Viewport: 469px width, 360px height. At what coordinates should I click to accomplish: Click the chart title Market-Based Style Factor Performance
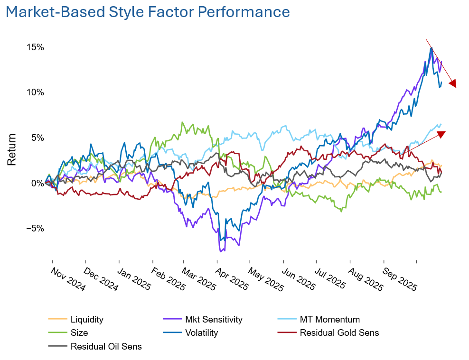click(148, 12)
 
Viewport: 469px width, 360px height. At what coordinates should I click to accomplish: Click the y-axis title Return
click(12, 149)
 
